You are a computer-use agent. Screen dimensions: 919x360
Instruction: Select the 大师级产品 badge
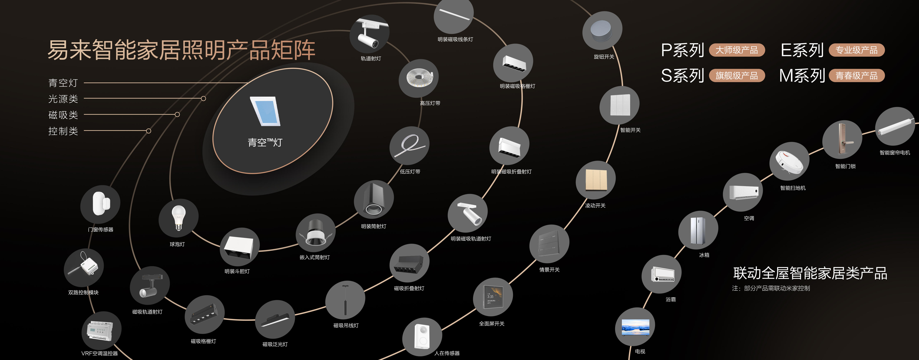tap(737, 50)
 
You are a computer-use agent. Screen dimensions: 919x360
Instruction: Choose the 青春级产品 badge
tap(857, 76)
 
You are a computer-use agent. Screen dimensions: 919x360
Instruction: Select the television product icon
tap(635, 327)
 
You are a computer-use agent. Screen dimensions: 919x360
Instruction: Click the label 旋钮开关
tap(604, 57)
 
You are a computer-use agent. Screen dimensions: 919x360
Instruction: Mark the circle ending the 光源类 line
tap(203, 98)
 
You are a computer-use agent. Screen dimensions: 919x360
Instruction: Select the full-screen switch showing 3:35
tap(493, 297)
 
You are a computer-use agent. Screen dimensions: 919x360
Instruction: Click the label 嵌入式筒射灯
tap(315, 257)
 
